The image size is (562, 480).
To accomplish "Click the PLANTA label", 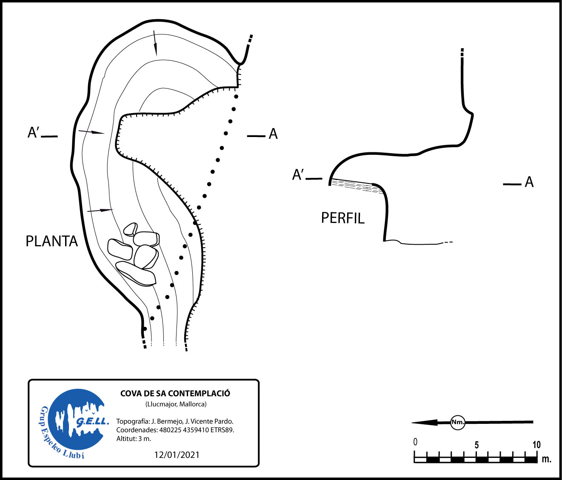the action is (51, 241).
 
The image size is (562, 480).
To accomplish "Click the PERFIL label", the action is (342, 218).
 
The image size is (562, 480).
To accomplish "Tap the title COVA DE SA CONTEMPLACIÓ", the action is (175, 394).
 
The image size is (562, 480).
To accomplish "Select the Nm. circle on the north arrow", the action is (458, 423).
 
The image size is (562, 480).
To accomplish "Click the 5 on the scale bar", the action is (476, 445).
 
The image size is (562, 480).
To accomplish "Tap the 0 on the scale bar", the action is (415, 442).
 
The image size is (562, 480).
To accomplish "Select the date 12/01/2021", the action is (177, 455).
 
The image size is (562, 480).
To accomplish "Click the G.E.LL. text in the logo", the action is (92, 422).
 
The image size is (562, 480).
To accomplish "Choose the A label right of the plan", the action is (273, 134).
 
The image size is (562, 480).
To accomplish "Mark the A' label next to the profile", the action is (297, 174).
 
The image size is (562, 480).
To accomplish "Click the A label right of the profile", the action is (529, 182).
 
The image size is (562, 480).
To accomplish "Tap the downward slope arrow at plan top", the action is (155, 43).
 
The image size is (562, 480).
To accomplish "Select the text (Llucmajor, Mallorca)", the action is (176, 404).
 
